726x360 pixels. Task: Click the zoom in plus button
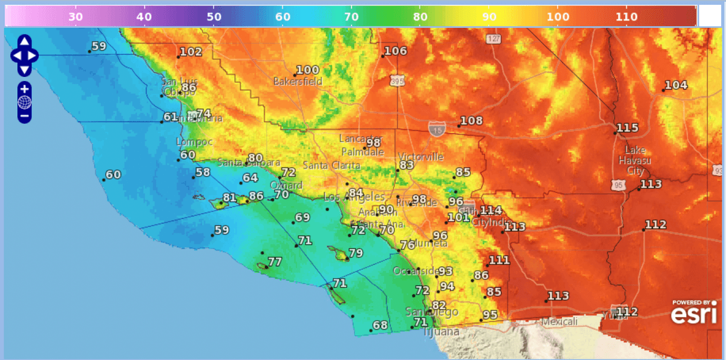tap(24, 89)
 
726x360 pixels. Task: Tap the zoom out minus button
tap(24, 115)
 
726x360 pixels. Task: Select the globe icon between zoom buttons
tap(24, 102)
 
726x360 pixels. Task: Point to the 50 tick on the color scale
tap(214, 16)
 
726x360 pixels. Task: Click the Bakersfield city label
tap(298, 81)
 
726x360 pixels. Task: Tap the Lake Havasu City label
tap(635, 160)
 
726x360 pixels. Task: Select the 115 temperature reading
tap(627, 128)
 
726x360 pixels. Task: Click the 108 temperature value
tap(471, 121)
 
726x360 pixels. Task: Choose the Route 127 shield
tap(493, 39)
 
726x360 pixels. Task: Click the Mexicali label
tap(560, 321)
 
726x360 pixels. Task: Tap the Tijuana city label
tap(440, 332)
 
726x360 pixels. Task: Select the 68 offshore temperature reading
tap(380, 325)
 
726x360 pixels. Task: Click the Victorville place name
tap(421, 156)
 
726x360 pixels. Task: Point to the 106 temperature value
tap(396, 51)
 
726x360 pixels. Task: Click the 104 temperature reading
tap(676, 85)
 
